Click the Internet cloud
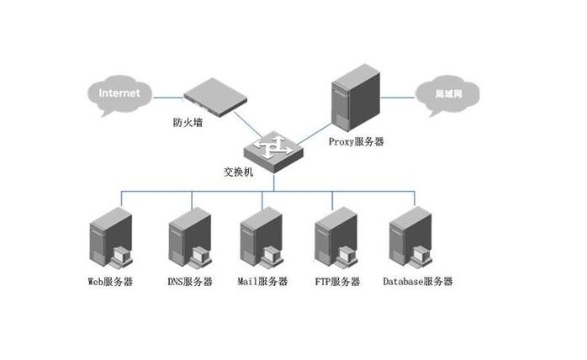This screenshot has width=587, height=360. click(x=119, y=93)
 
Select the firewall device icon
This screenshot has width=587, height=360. click(x=209, y=96)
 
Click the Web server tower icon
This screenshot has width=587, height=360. click(x=111, y=237)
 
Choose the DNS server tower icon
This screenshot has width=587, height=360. click(x=188, y=237)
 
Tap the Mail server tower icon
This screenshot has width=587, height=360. click(x=260, y=237)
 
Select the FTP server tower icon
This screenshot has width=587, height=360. click(x=334, y=237)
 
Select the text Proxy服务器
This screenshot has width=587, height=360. click(x=356, y=142)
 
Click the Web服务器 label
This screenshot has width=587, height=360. click(x=110, y=281)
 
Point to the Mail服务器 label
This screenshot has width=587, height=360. click(x=262, y=281)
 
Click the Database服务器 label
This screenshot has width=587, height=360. click(x=417, y=281)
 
